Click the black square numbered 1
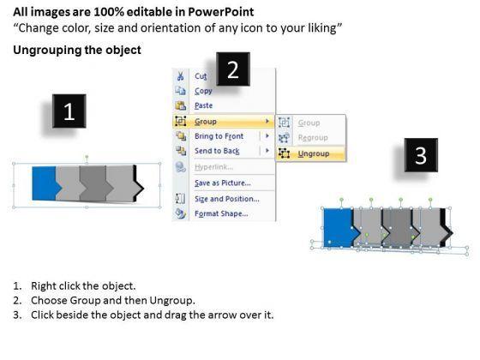tap(69, 111)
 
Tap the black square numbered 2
tap(233, 69)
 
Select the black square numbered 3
tap(421, 155)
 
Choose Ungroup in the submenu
tap(314, 153)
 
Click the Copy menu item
tap(203, 91)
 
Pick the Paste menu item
tap(204, 105)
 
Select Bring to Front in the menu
tap(219, 136)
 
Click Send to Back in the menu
tap(217, 151)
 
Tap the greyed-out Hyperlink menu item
tap(213, 167)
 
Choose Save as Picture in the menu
tap(223, 183)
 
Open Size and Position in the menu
tap(227, 199)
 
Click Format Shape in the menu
tap(221, 213)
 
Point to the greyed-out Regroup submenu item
tap(313, 138)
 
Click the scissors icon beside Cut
tap(180, 76)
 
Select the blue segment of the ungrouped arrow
tap(339, 228)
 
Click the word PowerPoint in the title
tap(221, 12)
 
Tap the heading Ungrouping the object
tap(77, 51)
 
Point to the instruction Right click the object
tap(83, 286)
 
